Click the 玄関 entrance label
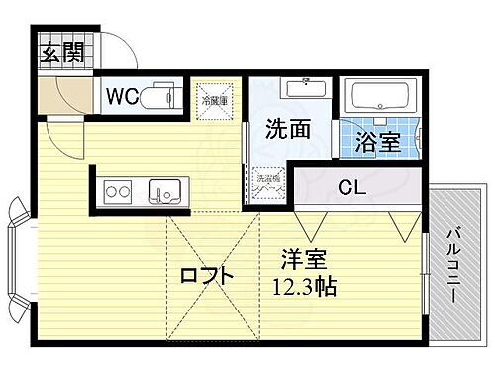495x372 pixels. pyautogui.click(x=61, y=53)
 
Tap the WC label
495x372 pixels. pyautogui.click(x=123, y=97)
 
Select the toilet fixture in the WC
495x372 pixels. pyautogui.click(x=161, y=97)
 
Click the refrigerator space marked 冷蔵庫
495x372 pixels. pyautogui.click(x=214, y=98)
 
